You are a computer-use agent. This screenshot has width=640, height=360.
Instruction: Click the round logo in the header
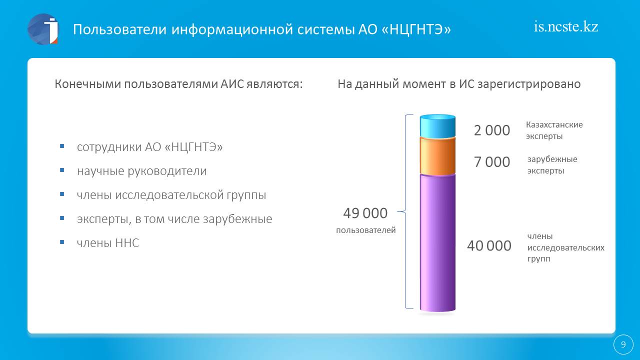(x=43, y=29)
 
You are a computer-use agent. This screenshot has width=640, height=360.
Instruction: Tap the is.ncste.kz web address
(x=566, y=27)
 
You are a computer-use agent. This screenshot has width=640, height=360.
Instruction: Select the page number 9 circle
(x=623, y=344)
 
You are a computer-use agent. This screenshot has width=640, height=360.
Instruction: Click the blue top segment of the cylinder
(x=437, y=125)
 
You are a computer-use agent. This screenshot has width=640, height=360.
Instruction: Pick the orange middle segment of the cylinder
(x=437, y=156)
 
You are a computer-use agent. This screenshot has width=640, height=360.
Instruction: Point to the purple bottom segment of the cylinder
(x=437, y=243)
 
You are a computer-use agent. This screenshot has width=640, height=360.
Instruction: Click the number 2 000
(x=491, y=130)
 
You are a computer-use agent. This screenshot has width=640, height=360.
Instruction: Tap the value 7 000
(x=491, y=162)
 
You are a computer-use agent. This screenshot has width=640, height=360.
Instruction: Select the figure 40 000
(x=489, y=245)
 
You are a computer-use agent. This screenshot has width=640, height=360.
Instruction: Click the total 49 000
(x=365, y=213)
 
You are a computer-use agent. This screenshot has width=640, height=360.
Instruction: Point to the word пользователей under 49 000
(x=365, y=230)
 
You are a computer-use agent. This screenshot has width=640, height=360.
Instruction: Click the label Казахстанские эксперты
(x=554, y=130)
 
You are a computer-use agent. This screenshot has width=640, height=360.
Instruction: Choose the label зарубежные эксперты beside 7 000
(x=552, y=165)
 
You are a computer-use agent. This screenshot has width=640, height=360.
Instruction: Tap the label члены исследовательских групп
(x=565, y=247)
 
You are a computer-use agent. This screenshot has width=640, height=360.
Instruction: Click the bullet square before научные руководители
(x=62, y=170)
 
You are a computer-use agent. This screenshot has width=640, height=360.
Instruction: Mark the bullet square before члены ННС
(x=62, y=242)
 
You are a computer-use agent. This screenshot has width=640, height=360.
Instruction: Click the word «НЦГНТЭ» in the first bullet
(x=194, y=147)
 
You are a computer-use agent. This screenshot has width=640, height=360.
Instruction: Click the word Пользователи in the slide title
(x=119, y=29)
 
